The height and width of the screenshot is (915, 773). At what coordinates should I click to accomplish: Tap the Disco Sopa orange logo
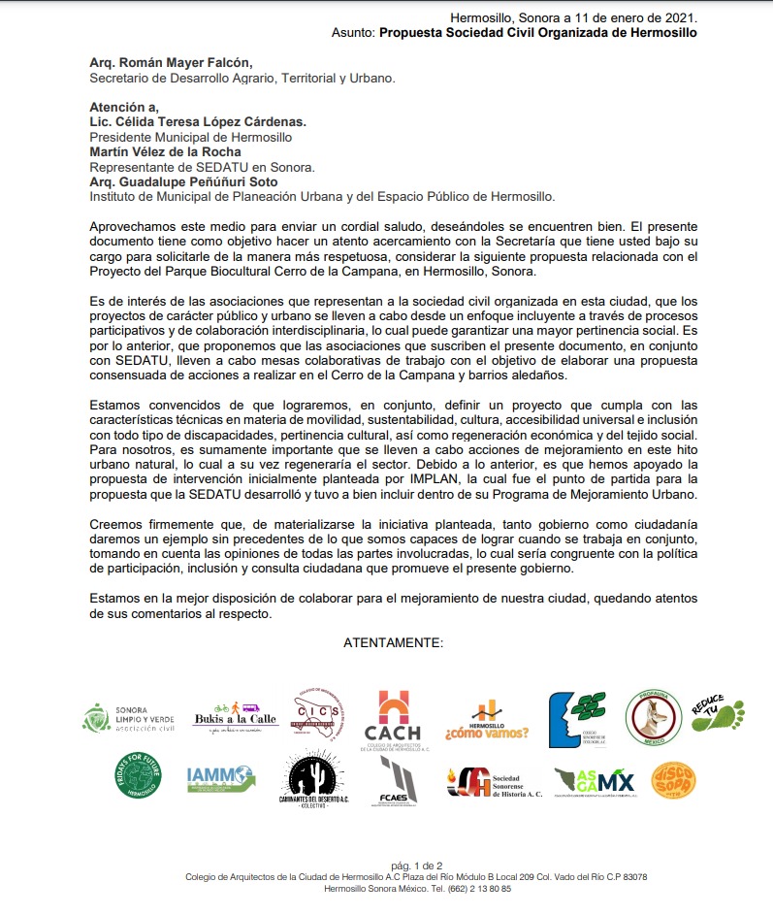[x=673, y=779]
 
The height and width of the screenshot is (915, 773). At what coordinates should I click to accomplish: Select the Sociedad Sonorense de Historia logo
[x=495, y=780]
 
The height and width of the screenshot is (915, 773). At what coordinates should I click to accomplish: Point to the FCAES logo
[x=399, y=781]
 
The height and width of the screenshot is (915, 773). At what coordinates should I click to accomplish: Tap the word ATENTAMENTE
[x=393, y=643]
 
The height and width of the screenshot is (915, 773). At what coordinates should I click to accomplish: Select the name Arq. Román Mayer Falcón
[x=163, y=63]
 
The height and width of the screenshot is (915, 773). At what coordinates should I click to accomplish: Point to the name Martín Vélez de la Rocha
[x=166, y=151]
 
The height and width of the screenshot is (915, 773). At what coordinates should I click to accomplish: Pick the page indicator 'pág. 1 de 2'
[x=416, y=865]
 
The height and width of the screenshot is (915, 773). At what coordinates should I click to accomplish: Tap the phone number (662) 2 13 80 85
[x=471, y=889]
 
